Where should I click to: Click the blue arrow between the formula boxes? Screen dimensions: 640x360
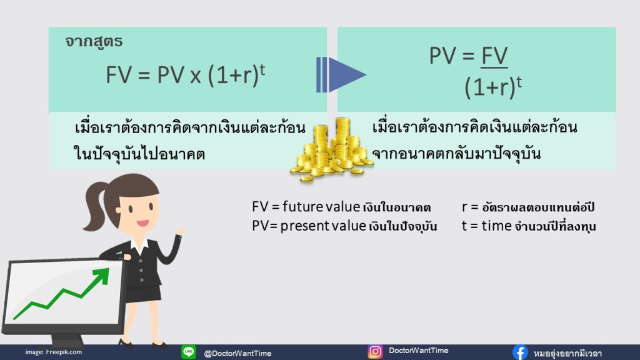pyautogui.click(x=341, y=75)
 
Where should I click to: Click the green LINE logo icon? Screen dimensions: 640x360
pyautogui.click(x=189, y=352)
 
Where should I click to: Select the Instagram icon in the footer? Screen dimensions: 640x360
pyautogui.click(x=375, y=351)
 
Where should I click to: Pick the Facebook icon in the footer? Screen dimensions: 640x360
pyautogui.click(x=520, y=352)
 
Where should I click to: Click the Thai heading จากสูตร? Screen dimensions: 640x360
pyautogui.click(x=94, y=41)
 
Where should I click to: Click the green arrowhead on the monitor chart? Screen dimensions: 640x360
pyautogui.click(x=101, y=276)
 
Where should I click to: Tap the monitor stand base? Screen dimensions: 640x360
pyautogui.click(x=67, y=341)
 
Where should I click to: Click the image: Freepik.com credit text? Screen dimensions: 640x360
pyautogui.click(x=54, y=352)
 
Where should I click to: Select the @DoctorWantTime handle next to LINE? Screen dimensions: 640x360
pyautogui.click(x=237, y=353)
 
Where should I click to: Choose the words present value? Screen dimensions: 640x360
pyautogui.click(x=323, y=226)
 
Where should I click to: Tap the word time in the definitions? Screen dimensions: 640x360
pyautogui.click(x=496, y=226)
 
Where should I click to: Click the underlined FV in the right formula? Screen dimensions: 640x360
pyautogui.click(x=494, y=56)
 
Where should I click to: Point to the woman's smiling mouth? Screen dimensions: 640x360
pyautogui.click(x=142, y=223)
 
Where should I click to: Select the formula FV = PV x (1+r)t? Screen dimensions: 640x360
pyautogui.click(x=186, y=74)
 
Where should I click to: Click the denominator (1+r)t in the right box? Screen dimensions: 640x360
pyautogui.click(x=493, y=87)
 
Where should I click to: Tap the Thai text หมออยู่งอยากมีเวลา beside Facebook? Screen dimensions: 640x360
pyautogui.click(x=567, y=353)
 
